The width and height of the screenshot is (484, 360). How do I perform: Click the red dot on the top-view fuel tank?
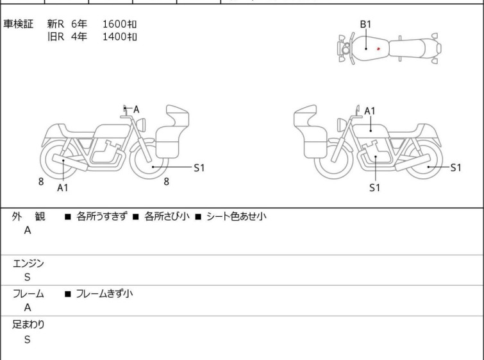coord(378,49)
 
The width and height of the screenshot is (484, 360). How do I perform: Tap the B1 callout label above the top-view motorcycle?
coord(366,24)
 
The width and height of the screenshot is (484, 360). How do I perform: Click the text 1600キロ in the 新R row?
coord(119,24)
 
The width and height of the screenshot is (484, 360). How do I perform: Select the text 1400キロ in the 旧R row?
coord(119,37)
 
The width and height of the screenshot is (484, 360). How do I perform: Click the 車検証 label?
coord(18,24)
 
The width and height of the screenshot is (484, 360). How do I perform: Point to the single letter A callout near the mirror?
coord(136,109)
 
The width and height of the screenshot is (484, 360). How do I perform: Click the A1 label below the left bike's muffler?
coord(63,187)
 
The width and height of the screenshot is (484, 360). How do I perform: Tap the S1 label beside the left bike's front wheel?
coord(199,167)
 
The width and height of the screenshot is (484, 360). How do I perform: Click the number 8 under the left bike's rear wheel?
coord(41,182)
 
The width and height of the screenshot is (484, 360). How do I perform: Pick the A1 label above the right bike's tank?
coord(370,111)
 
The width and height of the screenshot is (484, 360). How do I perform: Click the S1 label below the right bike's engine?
coord(375,187)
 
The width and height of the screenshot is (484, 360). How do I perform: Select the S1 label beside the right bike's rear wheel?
coord(456,167)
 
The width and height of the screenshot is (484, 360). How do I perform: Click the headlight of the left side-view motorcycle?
coord(141,125)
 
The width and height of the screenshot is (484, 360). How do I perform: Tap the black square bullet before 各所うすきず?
coord(68,217)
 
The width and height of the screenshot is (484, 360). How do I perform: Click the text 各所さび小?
coord(167,216)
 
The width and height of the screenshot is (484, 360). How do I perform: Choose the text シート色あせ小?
coord(237,216)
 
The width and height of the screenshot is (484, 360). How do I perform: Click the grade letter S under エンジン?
coord(28,277)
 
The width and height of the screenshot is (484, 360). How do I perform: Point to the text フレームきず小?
coord(104,293)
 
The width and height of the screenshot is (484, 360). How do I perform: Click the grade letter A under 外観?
coord(28,230)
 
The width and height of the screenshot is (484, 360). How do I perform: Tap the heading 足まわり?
coord(28,325)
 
